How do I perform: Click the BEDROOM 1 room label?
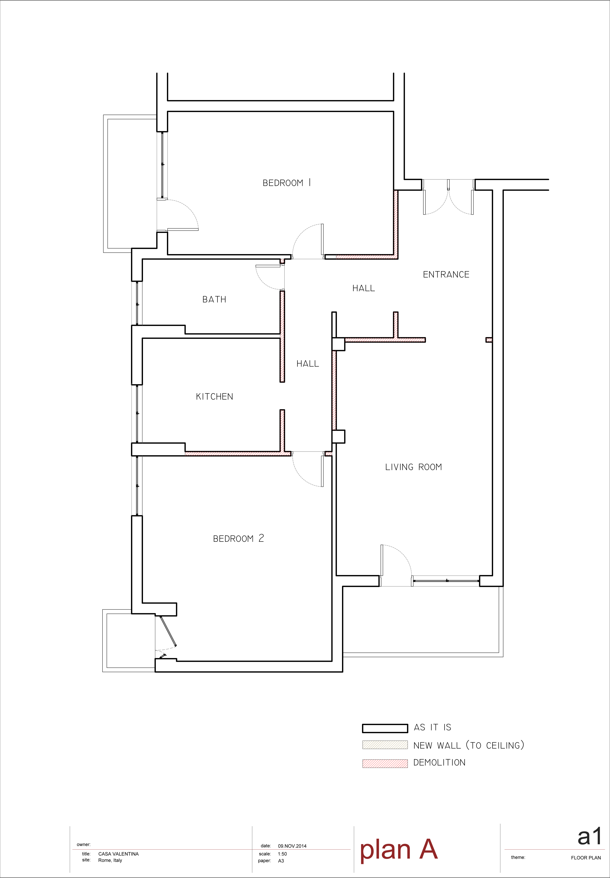(x=287, y=183)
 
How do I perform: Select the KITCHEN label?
(x=214, y=397)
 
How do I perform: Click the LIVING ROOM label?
(x=414, y=467)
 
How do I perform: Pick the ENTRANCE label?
(x=446, y=274)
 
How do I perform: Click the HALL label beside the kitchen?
(x=308, y=364)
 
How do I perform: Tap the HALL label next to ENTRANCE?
(x=363, y=288)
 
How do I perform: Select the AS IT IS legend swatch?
(x=385, y=728)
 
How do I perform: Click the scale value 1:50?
(x=283, y=854)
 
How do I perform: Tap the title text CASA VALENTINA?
(x=118, y=854)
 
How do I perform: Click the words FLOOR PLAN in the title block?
(x=586, y=858)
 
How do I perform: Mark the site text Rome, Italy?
(x=110, y=860)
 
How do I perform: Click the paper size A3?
(x=281, y=861)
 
